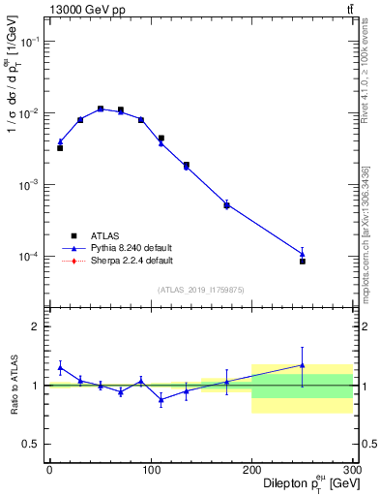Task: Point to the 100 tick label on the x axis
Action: click(x=150, y=471)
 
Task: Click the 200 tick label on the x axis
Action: click(x=251, y=471)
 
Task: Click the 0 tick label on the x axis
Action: click(x=49, y=471)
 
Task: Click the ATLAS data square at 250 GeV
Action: click(x=303, y=262)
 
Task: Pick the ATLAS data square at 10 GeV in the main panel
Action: click(x=60, y=148)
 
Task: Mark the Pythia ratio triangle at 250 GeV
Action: click(x=303, y=365)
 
